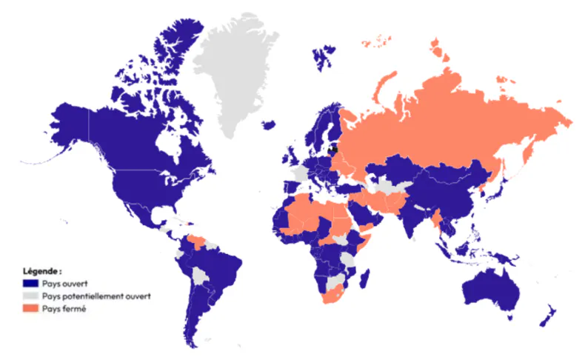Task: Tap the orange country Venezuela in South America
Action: click(197, 240)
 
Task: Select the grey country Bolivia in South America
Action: click(200, 276)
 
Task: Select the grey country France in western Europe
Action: click(300, 173)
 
